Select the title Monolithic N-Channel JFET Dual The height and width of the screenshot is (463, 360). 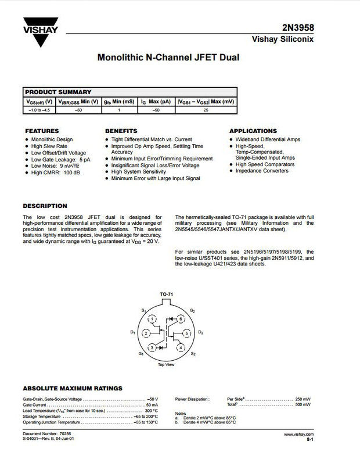[168, 58]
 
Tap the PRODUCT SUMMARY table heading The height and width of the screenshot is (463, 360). [58, 92]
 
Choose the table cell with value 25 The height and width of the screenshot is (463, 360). [205, 109]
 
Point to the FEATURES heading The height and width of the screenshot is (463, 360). [42, 131]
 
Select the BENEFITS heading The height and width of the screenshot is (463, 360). [121, 131]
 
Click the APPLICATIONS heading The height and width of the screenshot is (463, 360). [253, 131]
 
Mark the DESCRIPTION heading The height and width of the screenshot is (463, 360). [45, 206]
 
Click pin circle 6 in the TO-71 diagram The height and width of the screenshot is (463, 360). [181, 320]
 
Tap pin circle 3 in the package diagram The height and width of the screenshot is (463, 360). [152, 347]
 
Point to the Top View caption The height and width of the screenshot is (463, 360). [165, 365]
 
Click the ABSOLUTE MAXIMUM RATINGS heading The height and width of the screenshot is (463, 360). [72, 388]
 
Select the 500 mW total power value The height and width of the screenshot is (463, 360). [303, 405]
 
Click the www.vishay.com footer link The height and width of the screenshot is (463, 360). [298, 434]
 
